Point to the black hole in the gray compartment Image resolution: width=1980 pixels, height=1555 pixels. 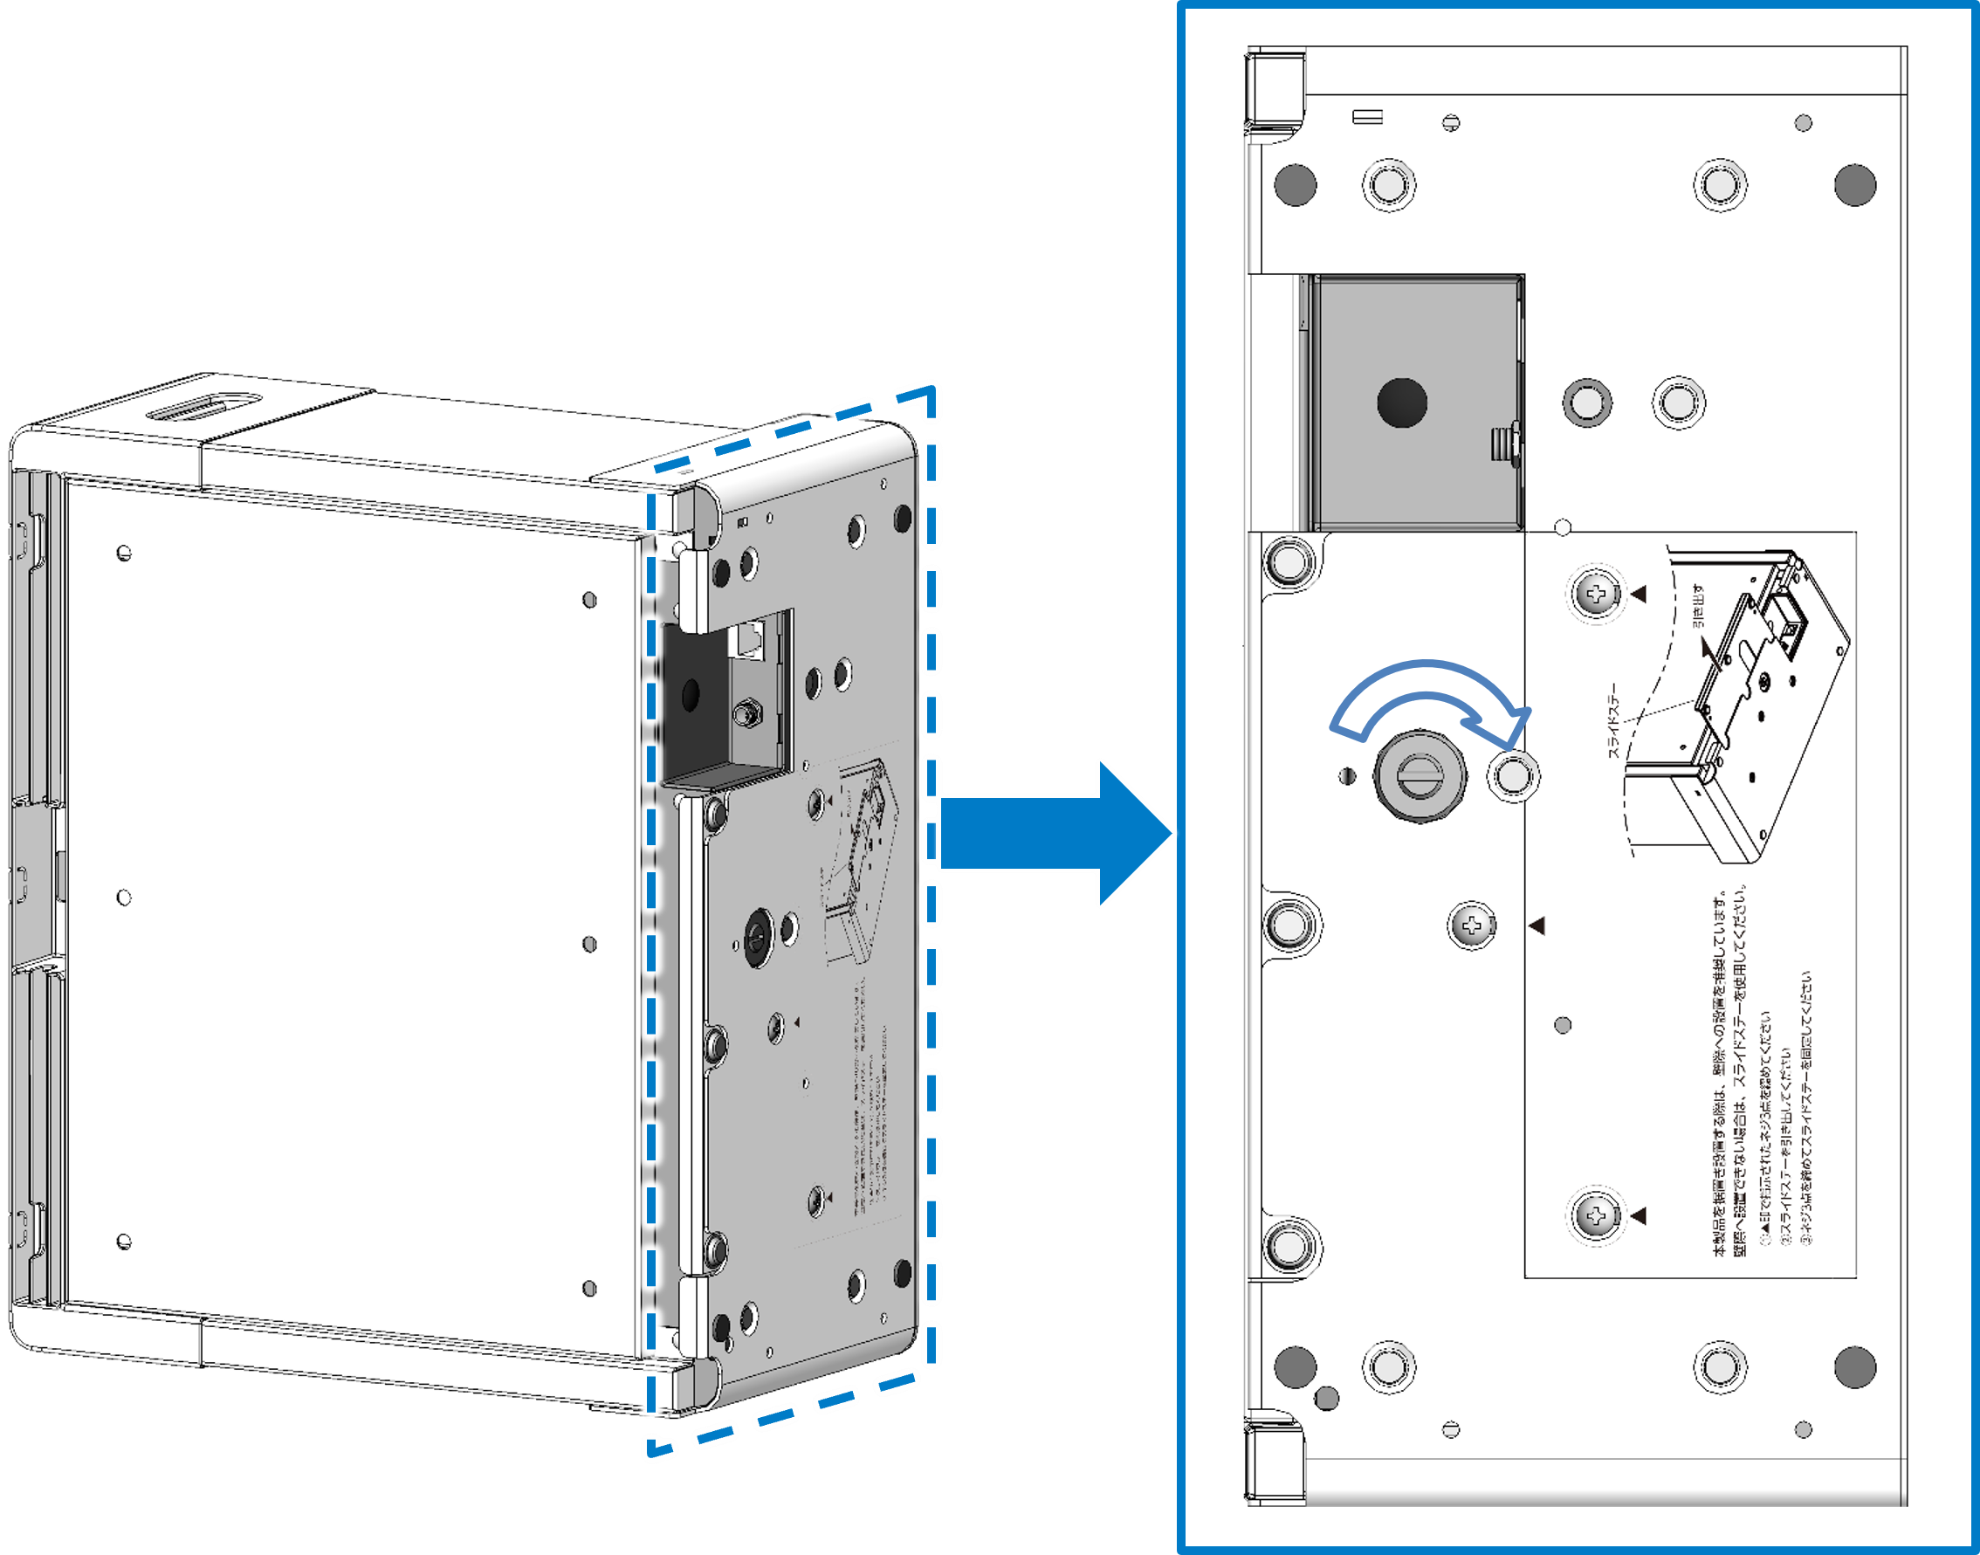point(1402,403)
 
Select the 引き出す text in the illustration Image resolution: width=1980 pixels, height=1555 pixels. point(1699,606)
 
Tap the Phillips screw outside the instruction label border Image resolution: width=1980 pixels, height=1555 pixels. point(1471,925)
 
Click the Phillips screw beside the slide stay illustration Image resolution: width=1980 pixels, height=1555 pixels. point(1596,595)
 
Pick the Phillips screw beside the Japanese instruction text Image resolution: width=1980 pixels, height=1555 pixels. point(1596,1215)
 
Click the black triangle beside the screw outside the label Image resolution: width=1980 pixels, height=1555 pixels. point(1537,925)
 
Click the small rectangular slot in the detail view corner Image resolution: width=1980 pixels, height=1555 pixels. point(1368,116)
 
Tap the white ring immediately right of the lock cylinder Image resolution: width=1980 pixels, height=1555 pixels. point(1513,776)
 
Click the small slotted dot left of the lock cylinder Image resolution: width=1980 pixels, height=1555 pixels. point(1348,775)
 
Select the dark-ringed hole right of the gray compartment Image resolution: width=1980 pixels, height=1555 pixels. point(1587,403)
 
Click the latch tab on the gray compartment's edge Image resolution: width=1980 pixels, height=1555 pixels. point(1504,444)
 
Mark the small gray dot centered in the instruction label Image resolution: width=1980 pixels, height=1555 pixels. point(1563,1025)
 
